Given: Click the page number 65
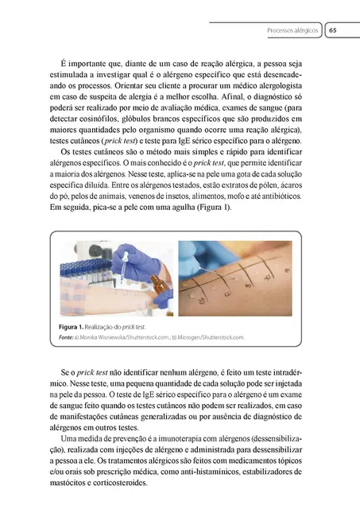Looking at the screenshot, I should coord(333,30).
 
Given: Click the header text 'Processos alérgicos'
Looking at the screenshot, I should coord(292,30).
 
